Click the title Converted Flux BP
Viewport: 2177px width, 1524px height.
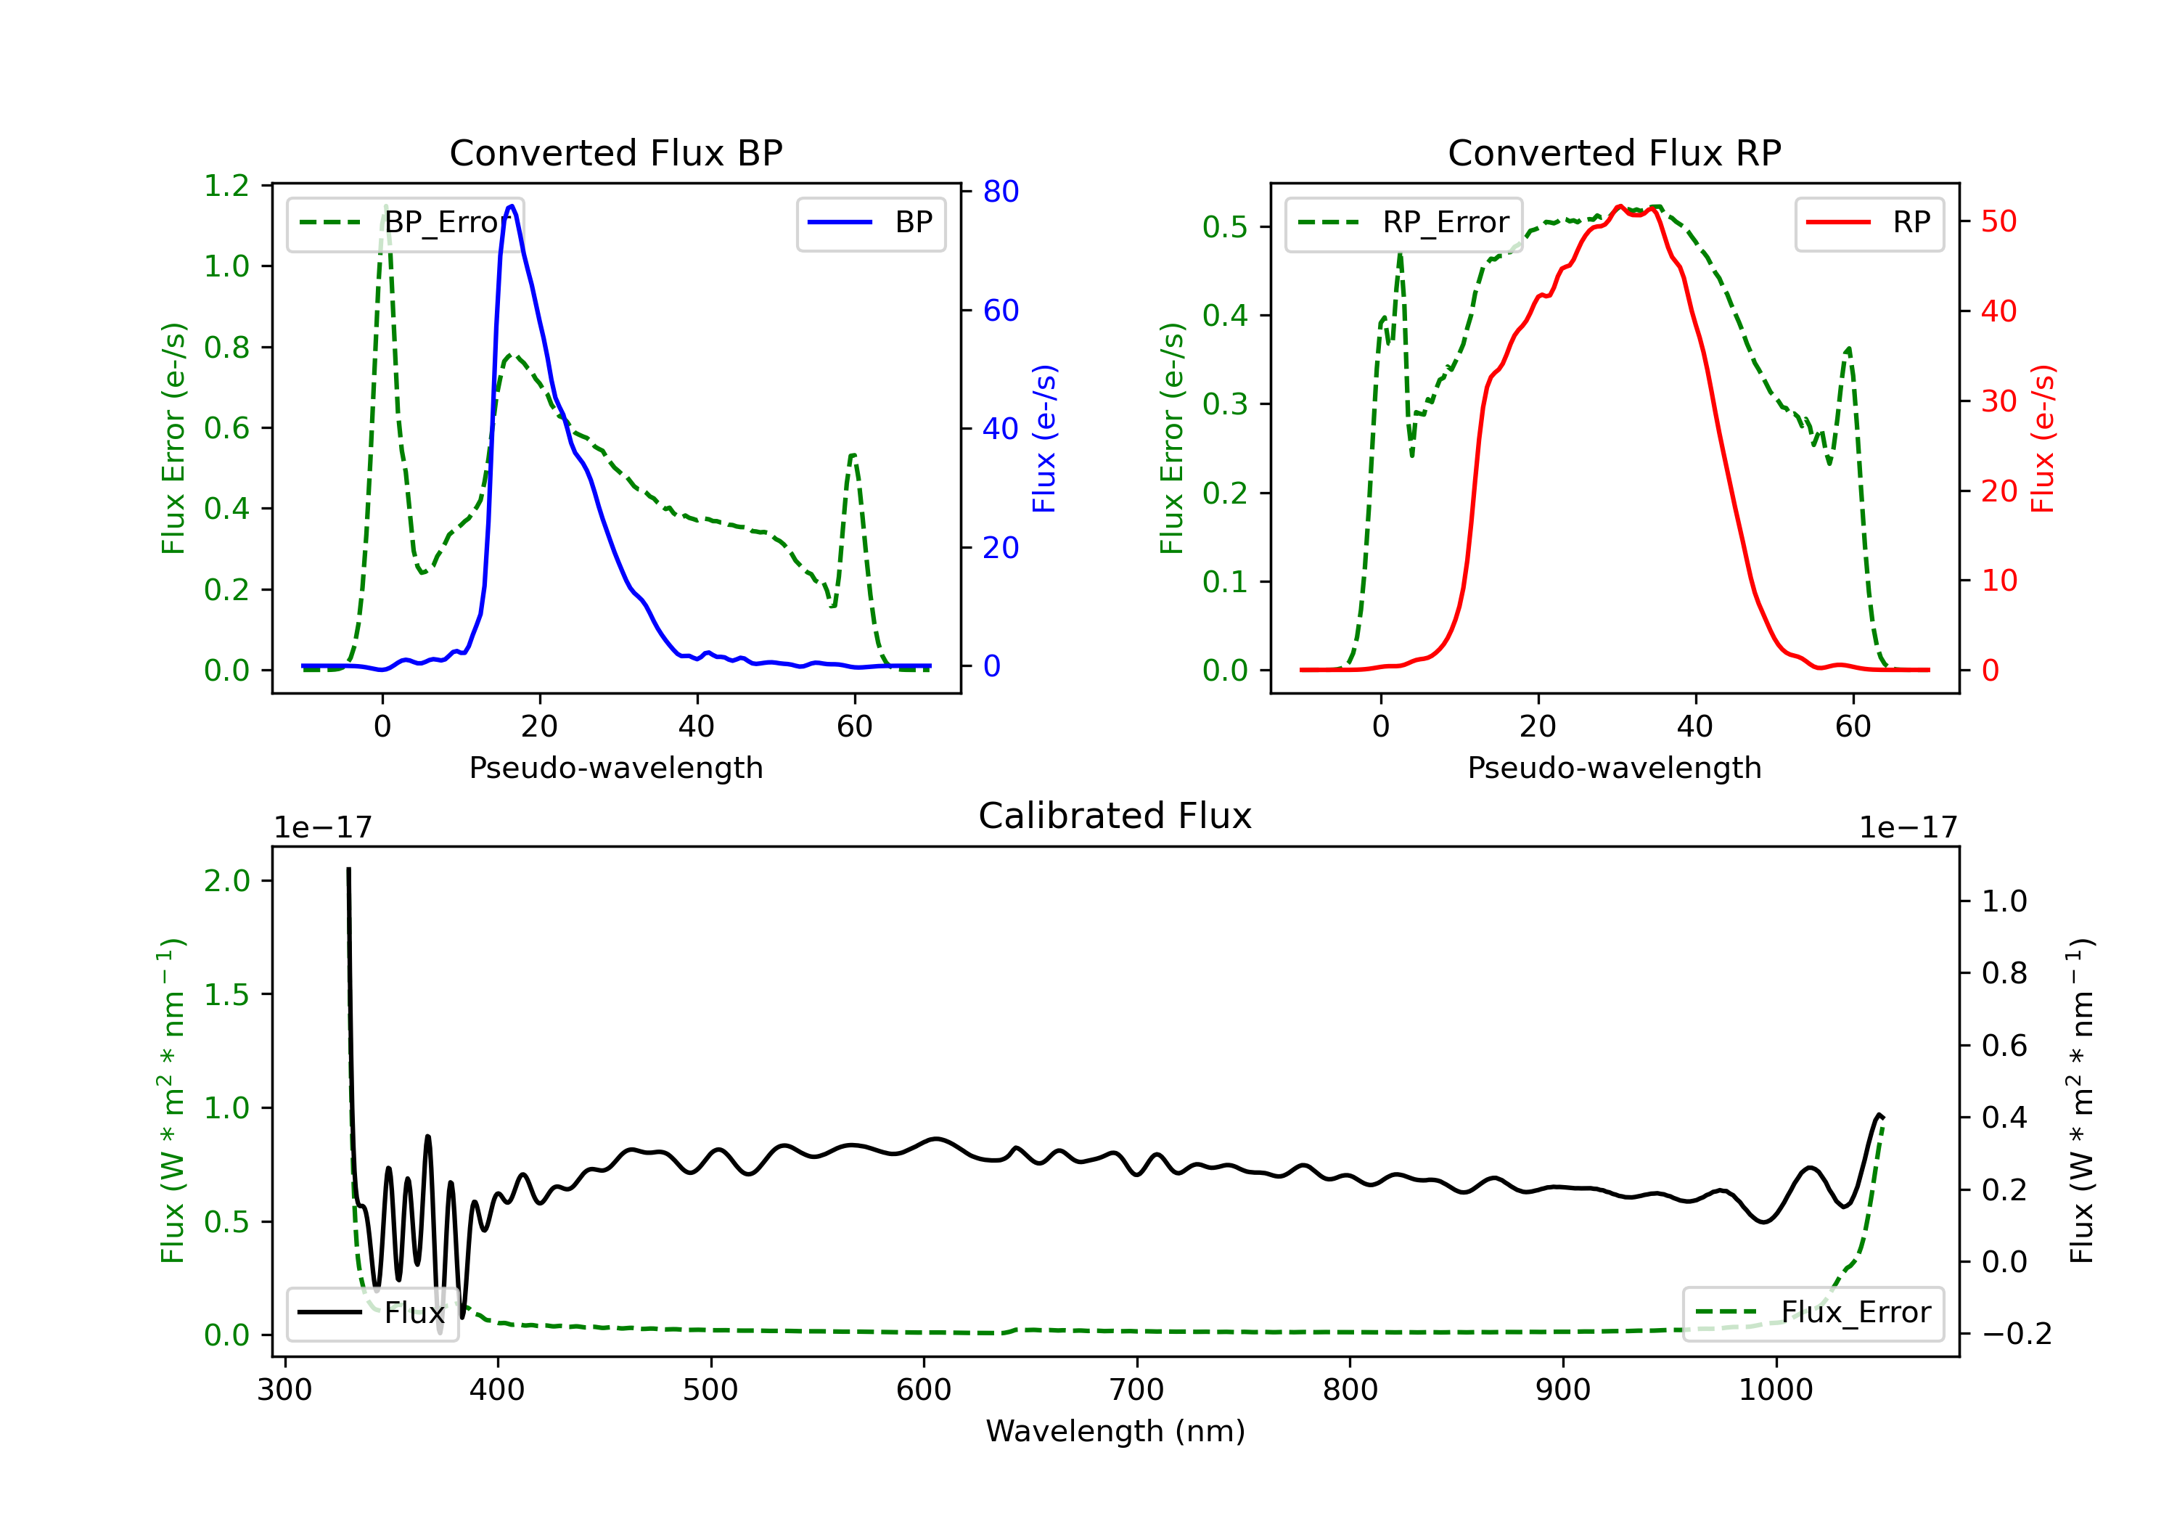pos(615,152)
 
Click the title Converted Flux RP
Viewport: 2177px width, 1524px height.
pos(1614,152)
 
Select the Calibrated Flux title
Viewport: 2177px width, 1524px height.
pos(1115,816)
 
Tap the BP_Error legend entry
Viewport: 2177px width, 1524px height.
pos(406,223)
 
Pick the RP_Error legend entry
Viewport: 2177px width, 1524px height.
pos(1403,223)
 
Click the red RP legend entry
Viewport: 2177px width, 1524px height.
pos(1869,223)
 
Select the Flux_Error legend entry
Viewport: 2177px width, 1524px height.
pos(1812,1313)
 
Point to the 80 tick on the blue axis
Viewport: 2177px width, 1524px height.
pos(1000,192)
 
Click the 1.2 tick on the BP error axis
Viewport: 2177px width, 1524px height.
pos(226,186)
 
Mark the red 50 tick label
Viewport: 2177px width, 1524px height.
pos(1998,222)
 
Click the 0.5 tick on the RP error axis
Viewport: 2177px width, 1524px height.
pos(1225,226)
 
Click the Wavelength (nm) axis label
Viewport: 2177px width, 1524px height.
pos(1115,1431)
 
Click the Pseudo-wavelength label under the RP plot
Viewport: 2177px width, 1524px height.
pos(1614,767)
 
